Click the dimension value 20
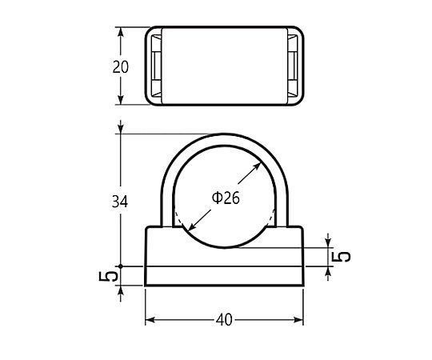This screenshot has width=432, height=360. click(x=120, y=67)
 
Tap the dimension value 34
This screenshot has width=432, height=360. click(x=120, y=202)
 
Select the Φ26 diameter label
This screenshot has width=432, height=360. click(x=226, y=198)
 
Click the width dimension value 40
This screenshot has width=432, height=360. click(x=224, y=320)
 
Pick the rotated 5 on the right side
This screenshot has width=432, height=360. click(x=341, y=257)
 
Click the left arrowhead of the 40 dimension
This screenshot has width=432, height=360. click(x=150, y=320)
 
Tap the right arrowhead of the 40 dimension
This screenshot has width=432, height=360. click(x=298, y=320)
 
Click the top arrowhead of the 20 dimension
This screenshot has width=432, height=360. click(x=120, y=32)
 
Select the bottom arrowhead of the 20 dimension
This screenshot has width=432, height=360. click(x=120, y=100)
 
